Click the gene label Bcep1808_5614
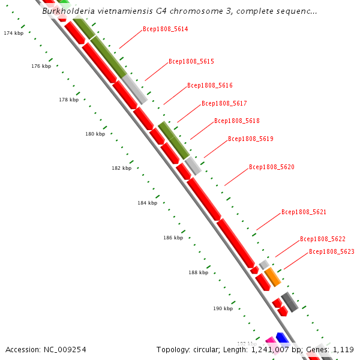click(165, 29)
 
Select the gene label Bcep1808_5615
click(191, 61)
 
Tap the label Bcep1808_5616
click(209, 85)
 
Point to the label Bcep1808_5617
click(224, 103)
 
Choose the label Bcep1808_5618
click(236, 121)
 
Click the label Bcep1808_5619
click(250, 139)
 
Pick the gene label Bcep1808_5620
click(271, 166)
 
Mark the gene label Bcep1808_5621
click(304, 212)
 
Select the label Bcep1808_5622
click(322, 239)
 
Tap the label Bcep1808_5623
click(331, 251)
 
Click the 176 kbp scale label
click(41, 66)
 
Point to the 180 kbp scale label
click(95, 134)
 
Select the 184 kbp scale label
click(147, 203)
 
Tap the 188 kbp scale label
click(198, 272)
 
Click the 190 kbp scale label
click(223, 308)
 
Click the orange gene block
click(272, 277)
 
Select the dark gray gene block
click(290, 302)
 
